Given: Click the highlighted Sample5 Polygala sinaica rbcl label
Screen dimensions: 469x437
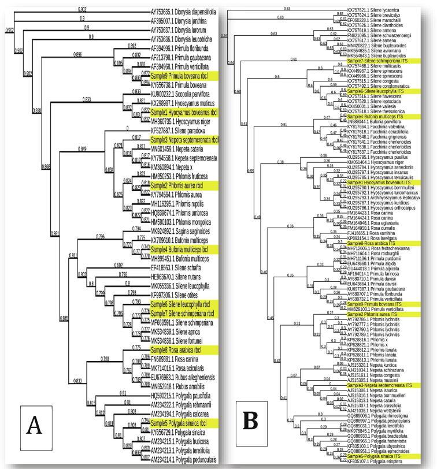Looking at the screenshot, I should click(x=184, y=421).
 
